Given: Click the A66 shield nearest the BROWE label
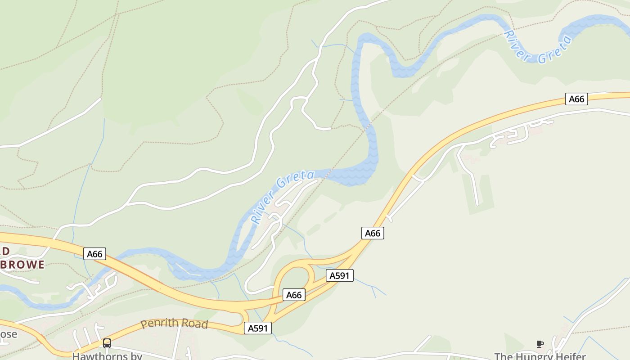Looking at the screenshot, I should (x=94, y=254).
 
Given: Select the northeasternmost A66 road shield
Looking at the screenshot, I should (x=576, y=99).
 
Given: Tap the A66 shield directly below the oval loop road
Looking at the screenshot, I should (x=294, y=295).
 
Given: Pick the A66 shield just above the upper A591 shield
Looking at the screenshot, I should (x=373, y=233).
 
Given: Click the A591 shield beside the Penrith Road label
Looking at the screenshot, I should (x=258, y=328).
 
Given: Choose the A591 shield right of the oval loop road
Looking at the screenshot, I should (x=339, y=276).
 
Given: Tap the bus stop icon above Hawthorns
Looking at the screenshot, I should (x=107, y=343).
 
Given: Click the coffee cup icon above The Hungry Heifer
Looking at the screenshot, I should (x=540, y=344).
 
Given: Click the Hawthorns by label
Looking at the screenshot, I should (x=107, y=356).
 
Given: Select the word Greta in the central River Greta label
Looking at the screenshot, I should (x=295, y=179).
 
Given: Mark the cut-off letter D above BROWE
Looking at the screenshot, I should (x=5, y=251).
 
